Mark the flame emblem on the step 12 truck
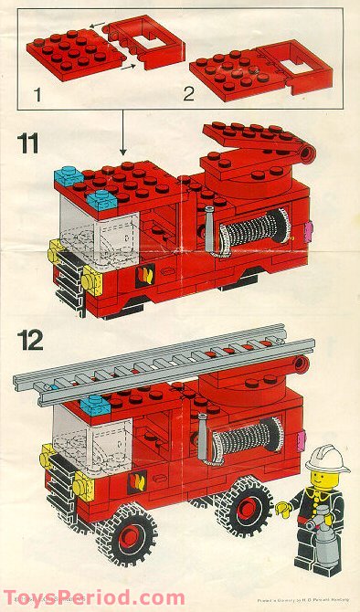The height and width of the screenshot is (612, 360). tap(139, 481)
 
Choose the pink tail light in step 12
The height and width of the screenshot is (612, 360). tap(301, 440)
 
